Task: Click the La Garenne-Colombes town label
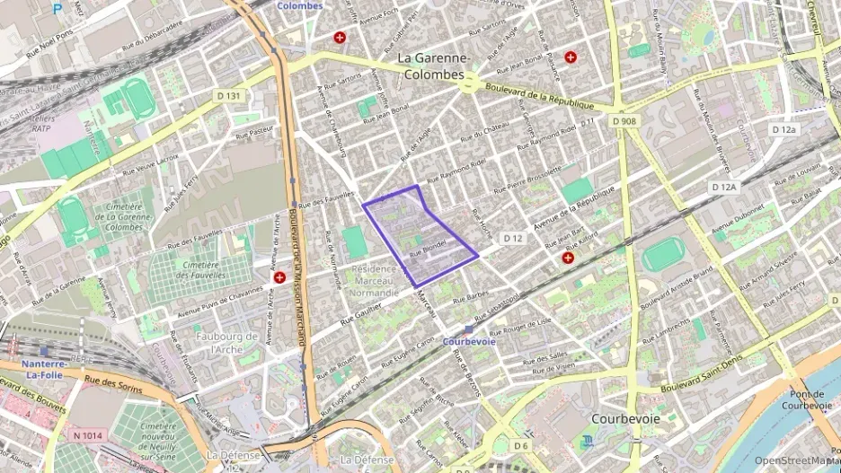click(x=431, y=66)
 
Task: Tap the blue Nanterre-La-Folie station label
click(x=44, y=370)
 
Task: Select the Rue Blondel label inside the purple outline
click(x=428, y=248)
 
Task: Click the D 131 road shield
click(x=228, y=95)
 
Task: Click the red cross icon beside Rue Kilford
click(x=568, y=258)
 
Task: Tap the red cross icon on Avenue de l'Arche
click(x=279, y=278)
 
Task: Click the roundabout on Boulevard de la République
click(x=468, y=83)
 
